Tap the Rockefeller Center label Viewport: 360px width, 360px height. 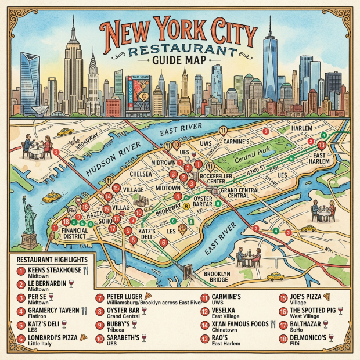222,177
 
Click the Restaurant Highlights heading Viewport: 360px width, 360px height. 52,259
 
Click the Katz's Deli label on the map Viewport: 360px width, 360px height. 147,233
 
